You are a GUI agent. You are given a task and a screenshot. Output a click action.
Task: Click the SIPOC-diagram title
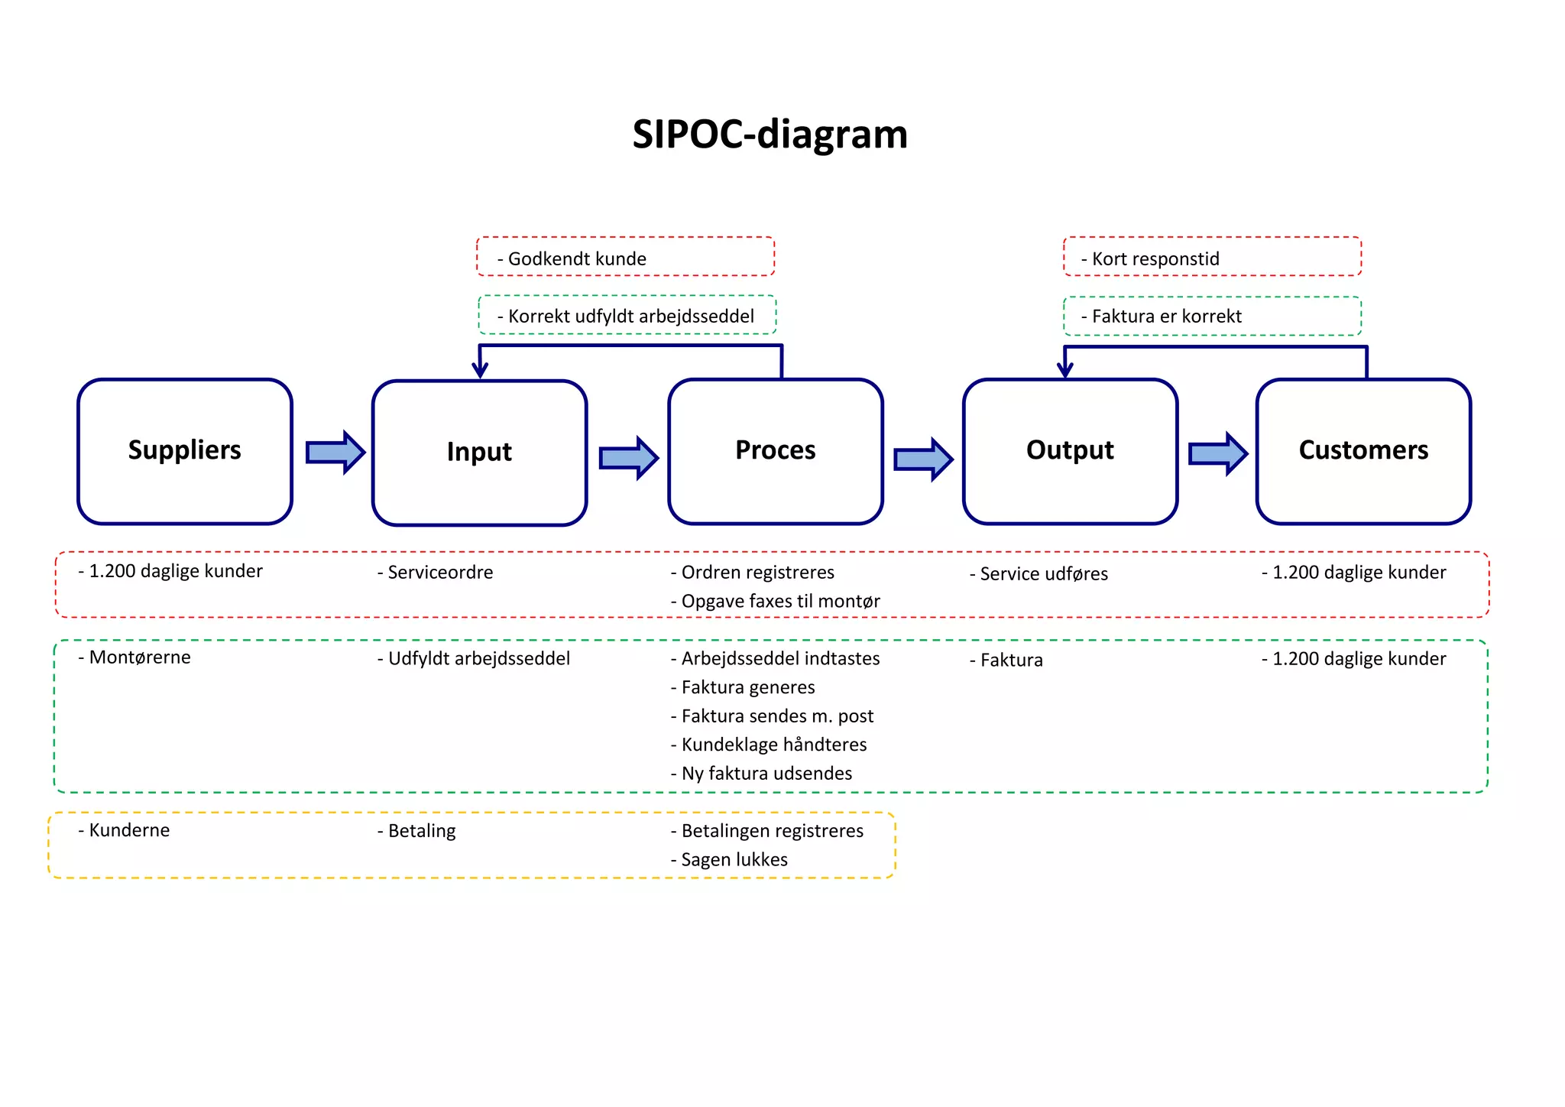pos(770,135)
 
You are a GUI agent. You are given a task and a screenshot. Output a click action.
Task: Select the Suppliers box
pos(184,451)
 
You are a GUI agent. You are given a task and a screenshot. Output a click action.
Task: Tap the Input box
pos(479,453)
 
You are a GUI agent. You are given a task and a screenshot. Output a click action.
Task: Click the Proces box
pos(775,451)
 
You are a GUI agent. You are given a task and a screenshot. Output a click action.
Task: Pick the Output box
pos(1070,451)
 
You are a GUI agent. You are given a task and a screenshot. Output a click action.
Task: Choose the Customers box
pos(1363,451)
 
